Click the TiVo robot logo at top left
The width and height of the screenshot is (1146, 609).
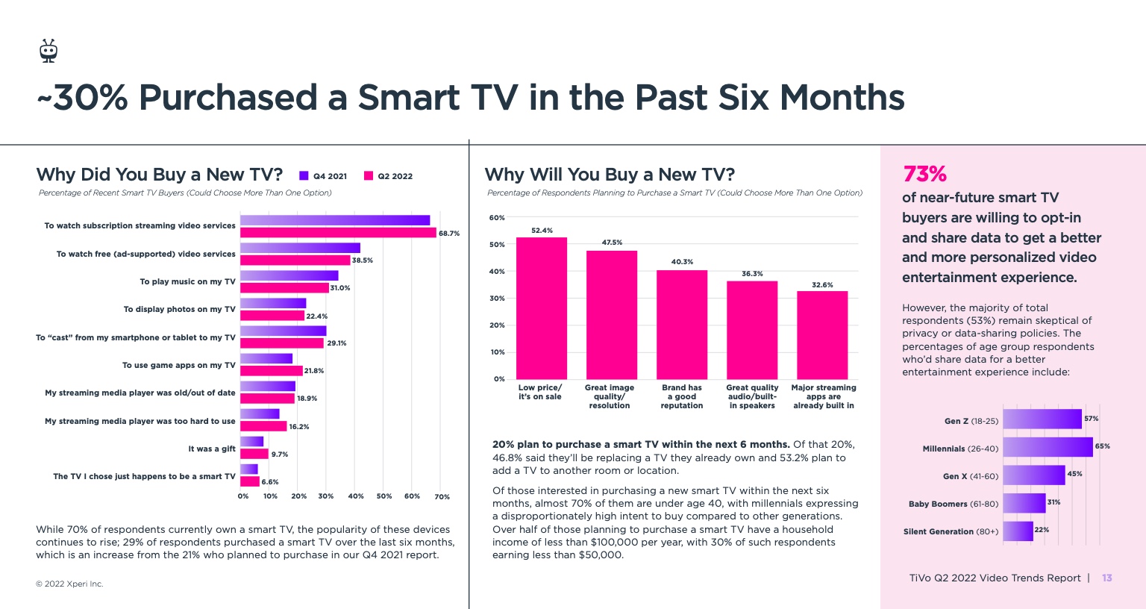48,51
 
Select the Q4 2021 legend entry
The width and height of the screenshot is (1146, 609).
323,176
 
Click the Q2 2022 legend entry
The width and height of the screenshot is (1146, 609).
388,176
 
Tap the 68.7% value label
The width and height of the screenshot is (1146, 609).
449,234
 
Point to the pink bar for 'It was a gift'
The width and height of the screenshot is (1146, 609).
254,454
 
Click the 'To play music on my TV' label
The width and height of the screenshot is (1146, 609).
187,281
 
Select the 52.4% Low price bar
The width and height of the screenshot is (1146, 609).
542,308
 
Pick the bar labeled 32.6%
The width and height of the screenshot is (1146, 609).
822,335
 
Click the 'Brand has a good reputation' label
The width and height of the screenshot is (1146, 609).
682,396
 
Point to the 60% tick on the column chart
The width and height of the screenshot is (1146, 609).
497,218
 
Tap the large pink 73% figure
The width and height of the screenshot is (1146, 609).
924,174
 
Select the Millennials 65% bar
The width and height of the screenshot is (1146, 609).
1048,447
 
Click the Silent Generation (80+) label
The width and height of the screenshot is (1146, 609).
951,531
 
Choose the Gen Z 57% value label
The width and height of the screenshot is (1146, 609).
1091,419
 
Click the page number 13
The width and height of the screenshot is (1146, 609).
1107,578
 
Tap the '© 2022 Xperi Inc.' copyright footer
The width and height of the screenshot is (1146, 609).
69,584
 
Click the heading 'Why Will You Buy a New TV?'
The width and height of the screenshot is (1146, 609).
610,175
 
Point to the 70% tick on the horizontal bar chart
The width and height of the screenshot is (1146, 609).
442,496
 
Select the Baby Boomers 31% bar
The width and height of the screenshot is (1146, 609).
1024,503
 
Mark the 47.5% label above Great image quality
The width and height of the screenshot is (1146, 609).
612,243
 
